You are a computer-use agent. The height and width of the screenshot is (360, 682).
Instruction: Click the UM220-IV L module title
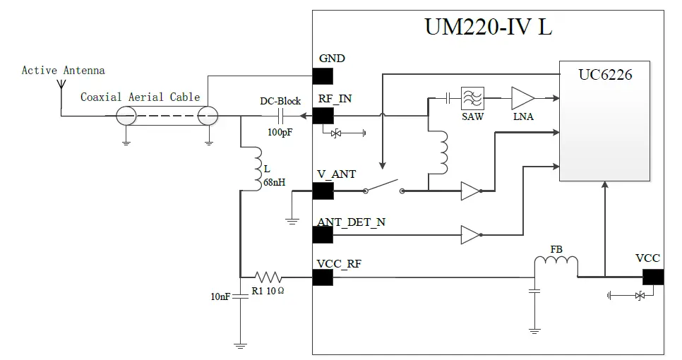[488, 27]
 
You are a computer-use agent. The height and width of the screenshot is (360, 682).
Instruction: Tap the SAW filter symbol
[472, 97]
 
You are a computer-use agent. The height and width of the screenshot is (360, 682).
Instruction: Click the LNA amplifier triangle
[522, 97]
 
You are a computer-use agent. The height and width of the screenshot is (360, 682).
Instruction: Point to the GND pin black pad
[323, 76]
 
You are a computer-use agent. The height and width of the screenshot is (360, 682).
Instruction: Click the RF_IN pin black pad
[323, 116]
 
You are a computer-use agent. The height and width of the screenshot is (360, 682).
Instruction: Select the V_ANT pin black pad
[323, 191]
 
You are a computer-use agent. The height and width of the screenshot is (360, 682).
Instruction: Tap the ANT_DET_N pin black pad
[323, 235]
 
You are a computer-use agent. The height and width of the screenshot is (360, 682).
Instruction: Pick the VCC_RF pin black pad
[323, 277]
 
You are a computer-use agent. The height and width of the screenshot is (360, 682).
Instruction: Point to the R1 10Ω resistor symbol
[268, 277]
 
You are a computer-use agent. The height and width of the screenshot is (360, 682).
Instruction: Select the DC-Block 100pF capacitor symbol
[280, 116]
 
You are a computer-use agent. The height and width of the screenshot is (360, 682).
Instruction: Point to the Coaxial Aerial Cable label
[140, 97]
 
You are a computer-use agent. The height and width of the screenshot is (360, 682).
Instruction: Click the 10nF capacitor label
[220, 297]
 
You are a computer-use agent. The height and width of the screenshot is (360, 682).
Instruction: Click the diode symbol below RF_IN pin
[338, 133]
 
